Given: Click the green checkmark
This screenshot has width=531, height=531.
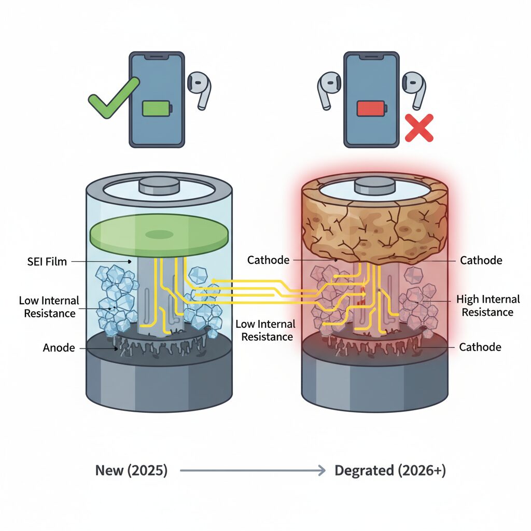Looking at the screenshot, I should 111,99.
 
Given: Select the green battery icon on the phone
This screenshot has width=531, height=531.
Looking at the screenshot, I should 156,108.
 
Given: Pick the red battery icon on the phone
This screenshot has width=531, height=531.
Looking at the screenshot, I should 370,108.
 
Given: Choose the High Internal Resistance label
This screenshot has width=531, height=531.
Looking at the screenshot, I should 488,305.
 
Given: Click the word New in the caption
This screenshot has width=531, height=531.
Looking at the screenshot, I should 109,471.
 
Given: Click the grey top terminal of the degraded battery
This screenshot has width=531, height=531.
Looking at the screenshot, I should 374,185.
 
